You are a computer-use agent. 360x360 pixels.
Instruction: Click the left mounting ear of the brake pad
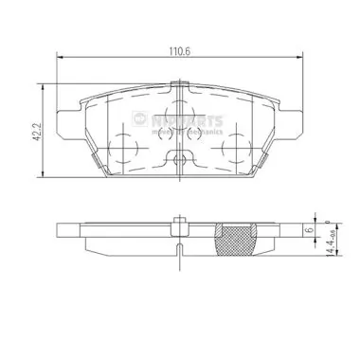[x=67, y=121]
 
